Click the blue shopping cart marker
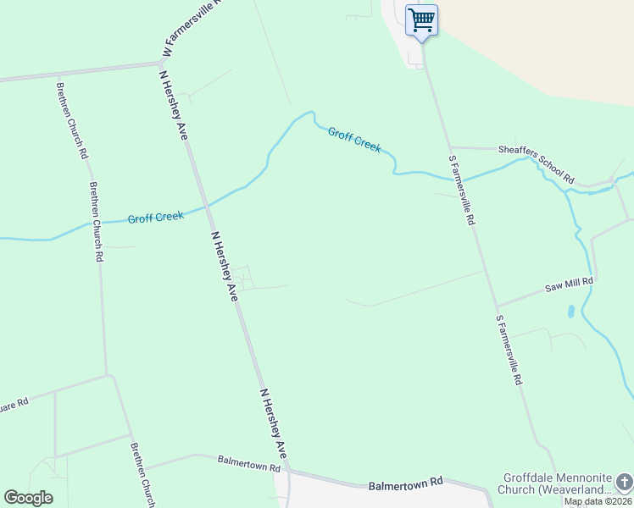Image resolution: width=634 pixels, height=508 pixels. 421,19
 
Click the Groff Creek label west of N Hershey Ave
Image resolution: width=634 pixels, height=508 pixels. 156,218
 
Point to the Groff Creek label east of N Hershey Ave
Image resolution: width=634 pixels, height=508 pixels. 354,140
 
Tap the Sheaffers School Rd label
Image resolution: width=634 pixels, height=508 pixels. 537,163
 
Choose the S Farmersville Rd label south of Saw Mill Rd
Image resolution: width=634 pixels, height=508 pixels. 509,351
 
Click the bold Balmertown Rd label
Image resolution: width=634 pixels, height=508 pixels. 406,484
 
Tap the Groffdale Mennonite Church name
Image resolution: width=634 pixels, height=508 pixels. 555,483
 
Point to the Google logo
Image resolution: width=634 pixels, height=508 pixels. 28,498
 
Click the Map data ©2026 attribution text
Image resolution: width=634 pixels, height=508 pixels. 598,501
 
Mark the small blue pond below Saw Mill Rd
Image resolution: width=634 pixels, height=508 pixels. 570,312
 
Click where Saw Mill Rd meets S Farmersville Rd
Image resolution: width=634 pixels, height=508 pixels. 498,306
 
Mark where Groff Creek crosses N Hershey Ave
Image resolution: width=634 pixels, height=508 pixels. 205,206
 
